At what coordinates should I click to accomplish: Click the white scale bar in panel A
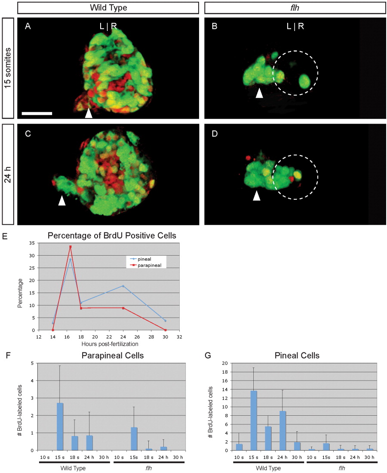(37, 114)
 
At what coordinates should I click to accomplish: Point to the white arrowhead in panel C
(62, 201)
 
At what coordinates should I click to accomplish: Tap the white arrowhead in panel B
(259, 93)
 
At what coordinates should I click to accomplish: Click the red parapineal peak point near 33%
(70, 247)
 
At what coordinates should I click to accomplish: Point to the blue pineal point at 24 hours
(123, 286)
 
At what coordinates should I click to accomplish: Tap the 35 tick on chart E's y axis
(32, 243)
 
